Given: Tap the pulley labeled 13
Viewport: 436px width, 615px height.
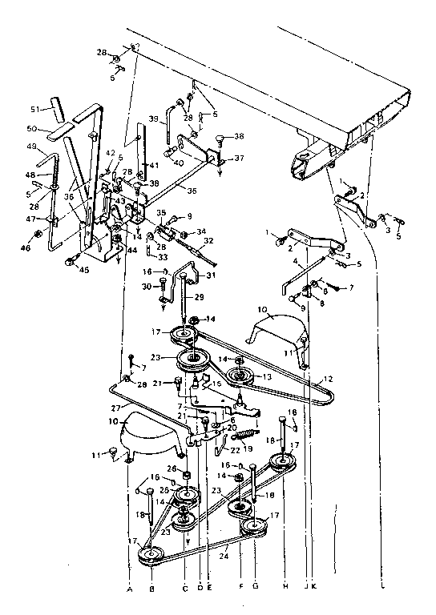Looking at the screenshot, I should tap(239, 376).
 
